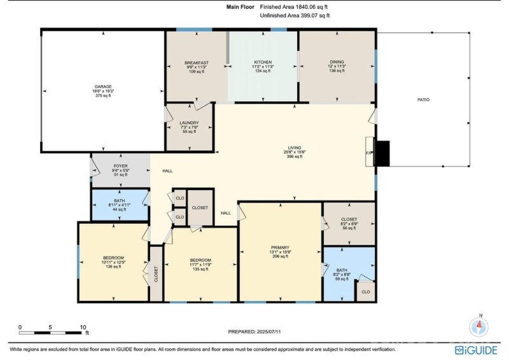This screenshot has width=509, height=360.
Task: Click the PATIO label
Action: pyautogui.click(x=423, y=99)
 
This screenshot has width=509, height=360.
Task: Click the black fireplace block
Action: pyautogui.click(x=382, y=153)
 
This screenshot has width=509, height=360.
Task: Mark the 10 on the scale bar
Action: pyautogui.click(x=82, y=328)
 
